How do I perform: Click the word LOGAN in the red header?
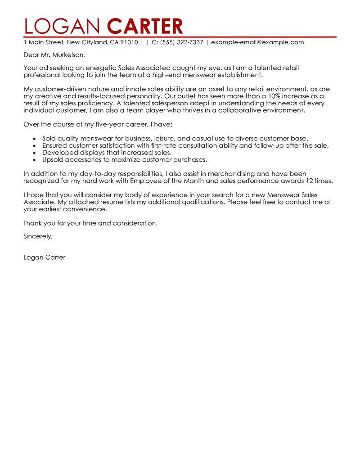pos(64,26)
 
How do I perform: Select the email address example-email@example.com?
pos(257,42)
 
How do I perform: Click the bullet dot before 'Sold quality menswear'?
pos(35,139)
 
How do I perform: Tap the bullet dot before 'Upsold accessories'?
pos(35,160)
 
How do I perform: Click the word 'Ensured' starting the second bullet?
pos(55,145)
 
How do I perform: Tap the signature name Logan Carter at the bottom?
pos(44,258)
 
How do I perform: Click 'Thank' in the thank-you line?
pos(32,223)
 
